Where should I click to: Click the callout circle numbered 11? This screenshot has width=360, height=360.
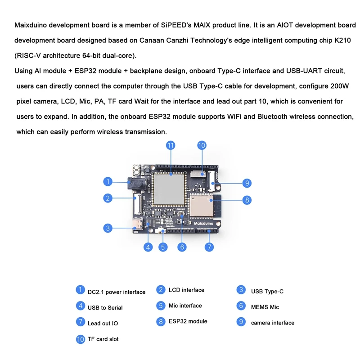pos(170,145)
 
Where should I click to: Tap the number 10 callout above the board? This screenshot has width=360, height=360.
pos(202,145)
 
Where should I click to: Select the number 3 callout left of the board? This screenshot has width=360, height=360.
pos(107,228)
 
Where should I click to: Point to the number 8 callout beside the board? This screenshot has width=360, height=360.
pos(247,200)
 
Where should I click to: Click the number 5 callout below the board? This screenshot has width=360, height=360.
pos(163,247)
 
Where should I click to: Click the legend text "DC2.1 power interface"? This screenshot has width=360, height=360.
pos(117,292)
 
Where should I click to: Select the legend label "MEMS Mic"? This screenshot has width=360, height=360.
pos(265,307)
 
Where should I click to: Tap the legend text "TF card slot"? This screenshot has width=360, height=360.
pos(103,339)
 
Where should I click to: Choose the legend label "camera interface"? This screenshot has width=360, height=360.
pos(273,323)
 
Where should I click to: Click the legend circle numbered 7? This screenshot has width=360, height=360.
pos(80,322)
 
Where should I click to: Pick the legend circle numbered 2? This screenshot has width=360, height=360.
pos(161,290)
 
